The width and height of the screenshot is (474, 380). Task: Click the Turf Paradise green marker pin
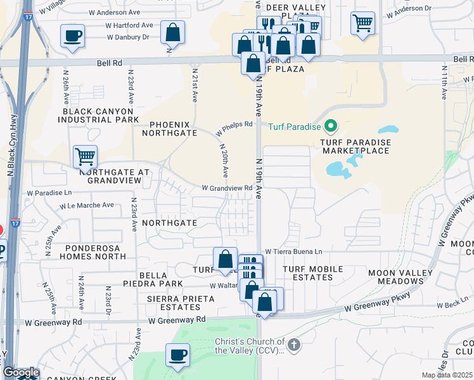click(330, 127)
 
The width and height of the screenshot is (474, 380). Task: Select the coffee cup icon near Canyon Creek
click(178, 355)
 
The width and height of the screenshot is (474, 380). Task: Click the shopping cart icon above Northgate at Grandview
click(85, 156)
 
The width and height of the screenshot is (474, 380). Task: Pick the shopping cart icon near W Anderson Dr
click(362, 23)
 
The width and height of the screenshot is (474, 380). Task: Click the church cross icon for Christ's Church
click(293, 345)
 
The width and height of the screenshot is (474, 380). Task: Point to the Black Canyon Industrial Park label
click(100, 115)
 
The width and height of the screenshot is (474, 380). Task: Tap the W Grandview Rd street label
click(227, 188)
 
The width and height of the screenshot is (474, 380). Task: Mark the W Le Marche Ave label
click(87, 206)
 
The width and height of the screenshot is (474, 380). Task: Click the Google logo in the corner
click(21, 372)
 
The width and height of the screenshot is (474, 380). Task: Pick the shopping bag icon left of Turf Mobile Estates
click(225, 259)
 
